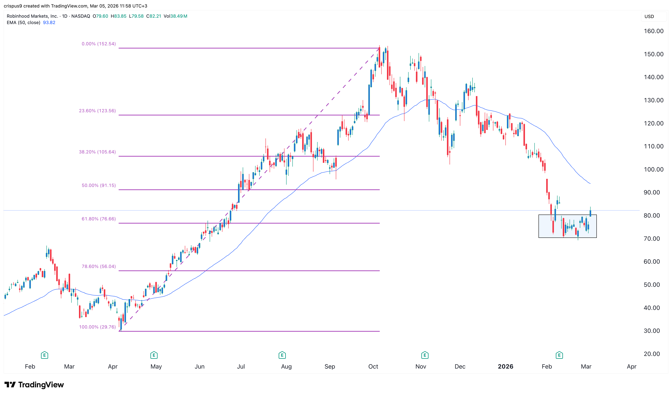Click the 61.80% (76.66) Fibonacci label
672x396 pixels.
coord(99,219)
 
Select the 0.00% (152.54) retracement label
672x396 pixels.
coord(99,44)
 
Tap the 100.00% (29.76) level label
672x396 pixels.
coord(97,327)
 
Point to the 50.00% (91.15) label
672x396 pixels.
coord(99,185)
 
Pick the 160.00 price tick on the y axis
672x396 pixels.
coord(653,31)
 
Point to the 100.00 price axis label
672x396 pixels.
coord(653,169)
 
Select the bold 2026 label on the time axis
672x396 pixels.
coord(505,366)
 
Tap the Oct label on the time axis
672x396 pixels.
coord(373,366)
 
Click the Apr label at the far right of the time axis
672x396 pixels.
coord(631,366)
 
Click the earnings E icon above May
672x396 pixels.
coord(154,355)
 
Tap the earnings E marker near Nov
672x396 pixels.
coord(425,355)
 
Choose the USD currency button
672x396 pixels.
coord(649,17)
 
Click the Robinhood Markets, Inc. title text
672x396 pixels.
coord(32,16)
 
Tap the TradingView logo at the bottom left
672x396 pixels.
coord(34,385)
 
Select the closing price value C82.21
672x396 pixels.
coord(154,16)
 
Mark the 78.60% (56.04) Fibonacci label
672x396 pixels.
coord(99,266)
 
